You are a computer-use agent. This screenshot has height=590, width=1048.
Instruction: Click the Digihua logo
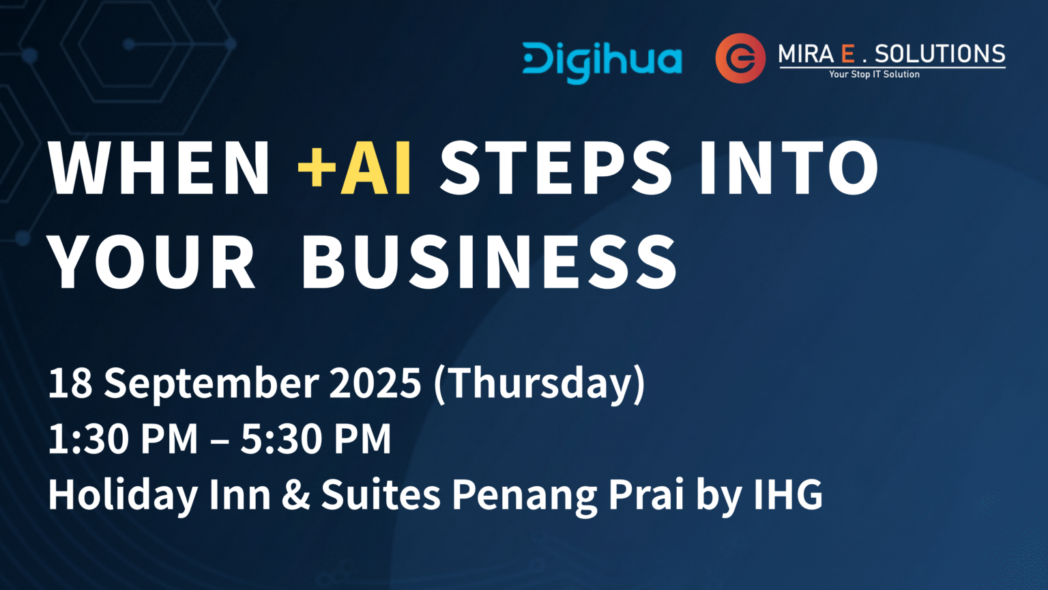(602, 63)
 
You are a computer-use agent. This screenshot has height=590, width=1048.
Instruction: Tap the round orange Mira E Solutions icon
(740, 58)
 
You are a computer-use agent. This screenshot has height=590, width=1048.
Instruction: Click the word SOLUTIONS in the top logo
(940, 54)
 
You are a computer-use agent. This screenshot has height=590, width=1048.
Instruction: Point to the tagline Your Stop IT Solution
(874, 74)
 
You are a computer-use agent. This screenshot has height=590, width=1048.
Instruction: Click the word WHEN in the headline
(159, 167)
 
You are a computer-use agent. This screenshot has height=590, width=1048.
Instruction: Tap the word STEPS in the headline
(556, 167)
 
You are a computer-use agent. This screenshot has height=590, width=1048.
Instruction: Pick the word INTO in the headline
(789, 167)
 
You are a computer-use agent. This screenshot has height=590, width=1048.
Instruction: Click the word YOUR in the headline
(153, 262)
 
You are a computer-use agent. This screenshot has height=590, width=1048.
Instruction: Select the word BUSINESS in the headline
(489, 262)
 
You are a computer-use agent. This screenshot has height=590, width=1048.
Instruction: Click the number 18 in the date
(70, 382)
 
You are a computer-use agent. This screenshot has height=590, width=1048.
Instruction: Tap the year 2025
(375, 382)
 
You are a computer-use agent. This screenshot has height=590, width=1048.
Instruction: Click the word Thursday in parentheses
(540, 384)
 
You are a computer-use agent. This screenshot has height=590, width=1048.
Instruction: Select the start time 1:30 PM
(123, 439)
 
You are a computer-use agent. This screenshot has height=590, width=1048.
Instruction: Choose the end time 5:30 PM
(316, 439)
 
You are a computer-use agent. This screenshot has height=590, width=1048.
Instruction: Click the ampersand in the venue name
(295, 494)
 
